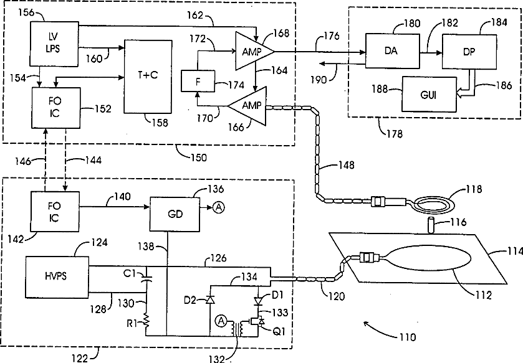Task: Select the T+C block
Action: click(x=148, y=77)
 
